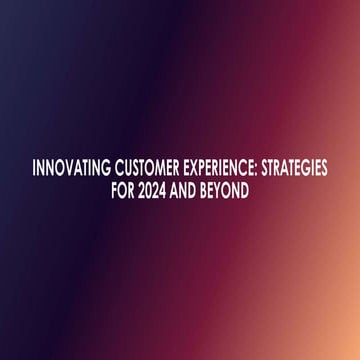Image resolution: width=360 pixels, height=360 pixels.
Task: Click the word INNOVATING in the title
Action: coord(69,168)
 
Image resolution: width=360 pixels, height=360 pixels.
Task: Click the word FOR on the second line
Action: coord(125,187)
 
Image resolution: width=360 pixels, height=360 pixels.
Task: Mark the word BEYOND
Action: coord(231,187)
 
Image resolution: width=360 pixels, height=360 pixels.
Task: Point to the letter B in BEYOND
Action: coord(210,187)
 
